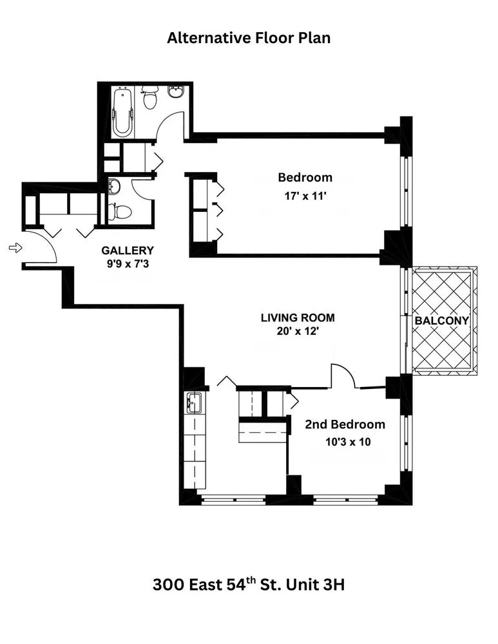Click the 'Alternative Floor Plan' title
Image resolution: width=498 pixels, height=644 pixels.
pyautogui.click(x=249, y=38)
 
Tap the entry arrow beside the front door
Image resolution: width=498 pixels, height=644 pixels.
pyautogui.click(x=15, y=247)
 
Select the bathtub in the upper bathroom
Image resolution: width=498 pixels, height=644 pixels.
pyautogui.click(x=122, y=113)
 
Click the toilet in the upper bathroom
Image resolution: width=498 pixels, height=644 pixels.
pyautogui.click(x=150, y=99)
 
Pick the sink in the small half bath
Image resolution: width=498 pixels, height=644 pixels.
pyautogui.click(x=114, y=187)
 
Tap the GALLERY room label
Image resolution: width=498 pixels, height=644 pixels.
pyautogui.click(x=128, y=251)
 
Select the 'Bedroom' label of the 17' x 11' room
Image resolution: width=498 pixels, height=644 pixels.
pyautogui.click(x=305, y=177)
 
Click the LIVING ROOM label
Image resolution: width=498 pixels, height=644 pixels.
pyautogui.click(x=298, y=317)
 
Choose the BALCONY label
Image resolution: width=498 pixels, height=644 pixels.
pyautogui.click(x=441, y=320)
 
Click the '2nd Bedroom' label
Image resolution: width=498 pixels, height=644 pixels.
pyautogui.click(x=345, y=424)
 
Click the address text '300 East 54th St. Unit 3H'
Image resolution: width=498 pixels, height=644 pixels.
pyautogui.click(x=249, y=585)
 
